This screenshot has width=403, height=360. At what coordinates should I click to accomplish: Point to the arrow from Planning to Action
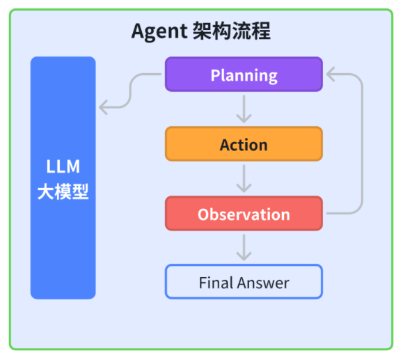coord(244,109)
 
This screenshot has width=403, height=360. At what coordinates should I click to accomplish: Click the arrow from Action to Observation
coord(244,178)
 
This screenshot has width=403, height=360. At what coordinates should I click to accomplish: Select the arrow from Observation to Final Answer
coord(244,247)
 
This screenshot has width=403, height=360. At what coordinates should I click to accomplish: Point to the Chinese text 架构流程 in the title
coord(230,31)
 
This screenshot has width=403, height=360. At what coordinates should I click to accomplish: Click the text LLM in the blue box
coord(63,167)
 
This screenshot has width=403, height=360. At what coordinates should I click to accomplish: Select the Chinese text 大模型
coord(63,191)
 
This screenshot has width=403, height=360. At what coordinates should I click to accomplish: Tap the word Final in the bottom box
coord(215,283)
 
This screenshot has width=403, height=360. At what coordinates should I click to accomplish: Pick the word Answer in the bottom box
coord(263,283)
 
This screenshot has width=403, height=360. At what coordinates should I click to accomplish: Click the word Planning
coord(244,75)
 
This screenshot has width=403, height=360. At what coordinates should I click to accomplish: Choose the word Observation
coord(244,214)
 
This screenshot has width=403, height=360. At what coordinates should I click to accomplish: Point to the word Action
coord(244,145)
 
